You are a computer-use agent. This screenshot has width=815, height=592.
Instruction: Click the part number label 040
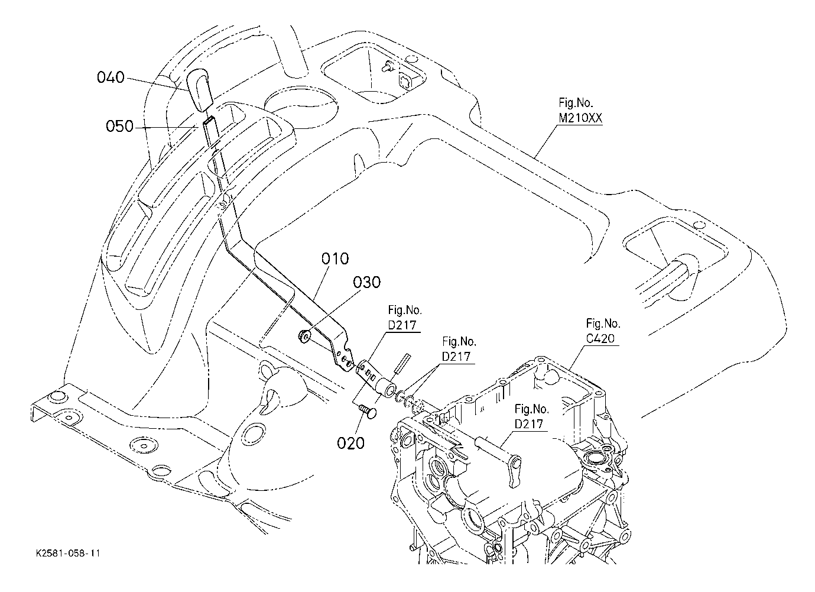coord(111,77)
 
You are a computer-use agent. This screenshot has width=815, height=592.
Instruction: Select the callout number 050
coord(120,127)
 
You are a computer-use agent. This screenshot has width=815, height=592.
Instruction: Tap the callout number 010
coord(335,258)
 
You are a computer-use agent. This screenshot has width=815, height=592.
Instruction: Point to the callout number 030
coord(367,282)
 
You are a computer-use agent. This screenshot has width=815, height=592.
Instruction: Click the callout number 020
coord(350,443)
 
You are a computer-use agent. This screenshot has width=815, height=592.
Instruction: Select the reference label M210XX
coord(581,118)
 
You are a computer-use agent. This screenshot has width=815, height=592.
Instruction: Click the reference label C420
coord(600,338)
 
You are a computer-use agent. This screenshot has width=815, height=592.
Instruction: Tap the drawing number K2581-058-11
coord(68,554)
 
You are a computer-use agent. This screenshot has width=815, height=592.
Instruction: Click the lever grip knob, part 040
coord(199,89)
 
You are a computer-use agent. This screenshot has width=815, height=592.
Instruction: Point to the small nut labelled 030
coord(303,336)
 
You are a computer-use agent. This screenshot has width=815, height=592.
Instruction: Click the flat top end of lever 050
coord(209,120)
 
